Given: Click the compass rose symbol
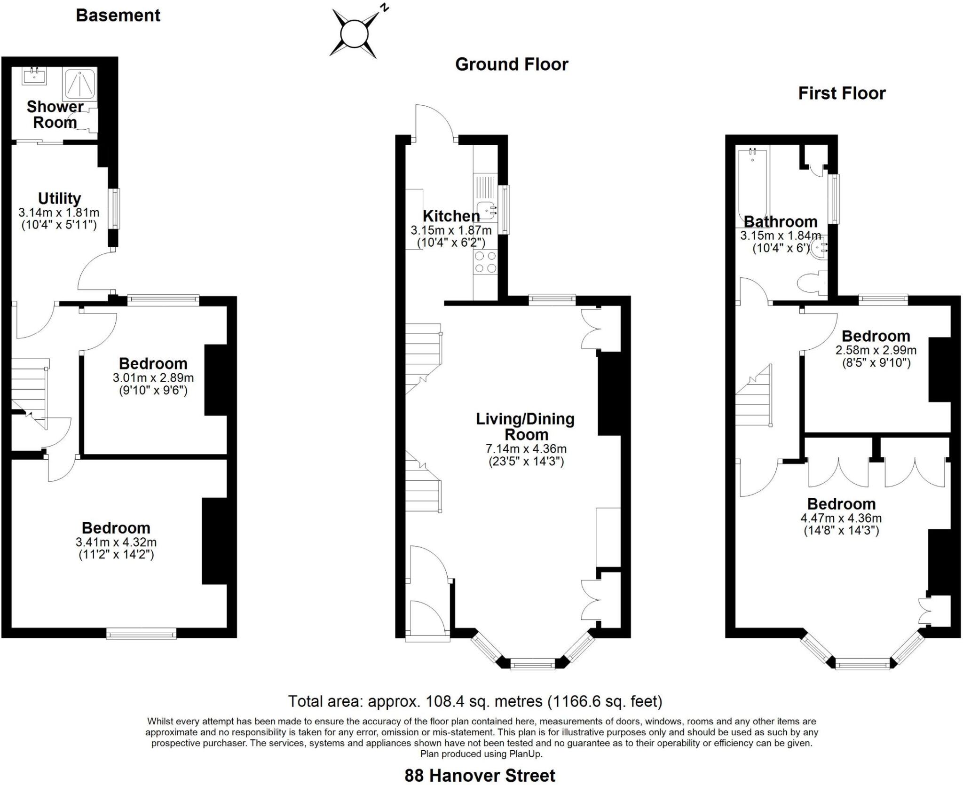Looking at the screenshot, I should [x=354, y=34].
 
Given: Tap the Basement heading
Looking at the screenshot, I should [x=118, y=16].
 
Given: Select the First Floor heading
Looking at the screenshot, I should [x=842, y=94].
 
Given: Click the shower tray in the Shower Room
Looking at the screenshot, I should [x=80, y=84].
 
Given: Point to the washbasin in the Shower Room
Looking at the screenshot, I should [x=34, y=76].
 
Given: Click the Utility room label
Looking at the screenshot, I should [x=59, y=198].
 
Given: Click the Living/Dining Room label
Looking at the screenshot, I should [x=525, y=426].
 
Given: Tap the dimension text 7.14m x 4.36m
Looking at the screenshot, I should [x=526, y=449].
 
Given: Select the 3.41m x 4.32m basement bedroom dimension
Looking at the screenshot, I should [x=116, y=542].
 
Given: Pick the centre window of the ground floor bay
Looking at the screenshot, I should [x=533, y=664].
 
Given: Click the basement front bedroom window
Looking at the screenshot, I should [x=141, y=635].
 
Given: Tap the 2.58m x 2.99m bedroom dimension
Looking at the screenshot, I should [x=876, y=350].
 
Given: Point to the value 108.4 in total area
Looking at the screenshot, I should [x=442, y=701].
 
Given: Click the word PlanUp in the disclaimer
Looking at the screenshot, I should [x=525, y=754].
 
